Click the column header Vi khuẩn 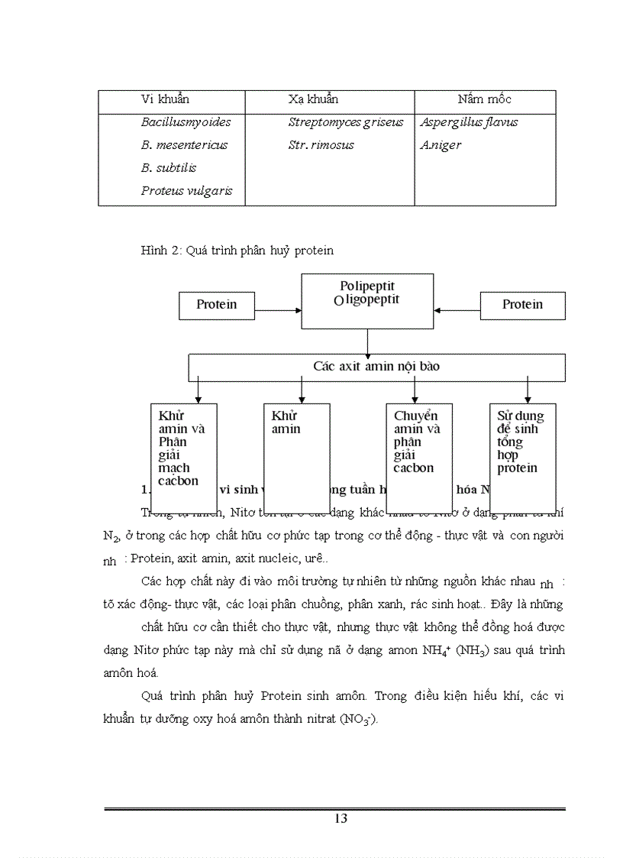coord(165,99)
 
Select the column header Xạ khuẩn coord(313,99)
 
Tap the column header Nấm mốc coord(484,99)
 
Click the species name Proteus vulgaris coord(186,191)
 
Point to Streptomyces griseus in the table coord(345,122)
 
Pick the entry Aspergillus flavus coord(469,122)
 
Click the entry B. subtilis coord(168,168)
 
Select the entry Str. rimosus coord(321,145)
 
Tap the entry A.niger coord(441,145)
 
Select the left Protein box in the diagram coord(216,305)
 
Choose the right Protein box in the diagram coord(522,305)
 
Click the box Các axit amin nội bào coord(376,367)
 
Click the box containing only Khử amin coord(296,447)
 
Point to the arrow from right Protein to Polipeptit coord(457,310)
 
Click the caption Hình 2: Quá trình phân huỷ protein coord(237,250)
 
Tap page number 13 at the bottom coord(341,819)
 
